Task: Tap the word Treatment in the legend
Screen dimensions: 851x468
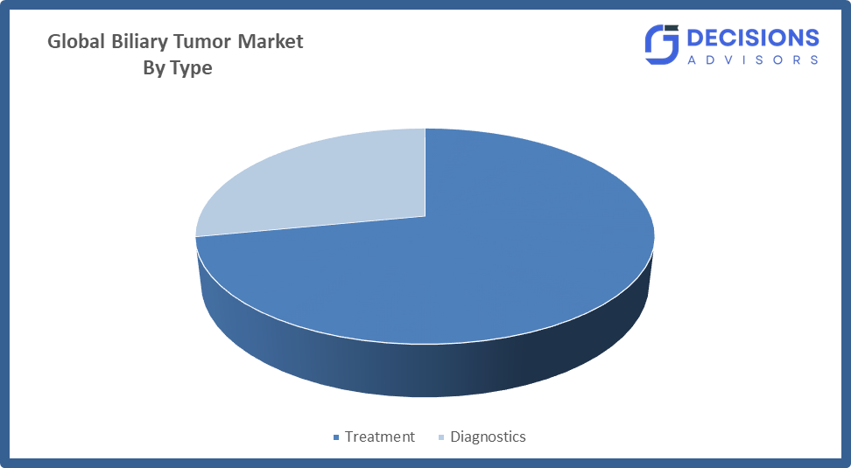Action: coord(379,437)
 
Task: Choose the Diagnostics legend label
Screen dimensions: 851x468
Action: coord(488,437)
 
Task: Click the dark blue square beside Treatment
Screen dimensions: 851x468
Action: coord(336,437)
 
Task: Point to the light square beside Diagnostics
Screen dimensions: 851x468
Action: coord(441,437)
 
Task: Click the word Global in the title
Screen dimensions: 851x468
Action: coord(76,41)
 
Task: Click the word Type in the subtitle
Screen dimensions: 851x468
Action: coord(191,68)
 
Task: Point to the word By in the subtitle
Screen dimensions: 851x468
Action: coord(153,68)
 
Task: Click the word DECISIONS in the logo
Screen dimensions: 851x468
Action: coord(753,38)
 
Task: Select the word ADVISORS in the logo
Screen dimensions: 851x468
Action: coord(753,59)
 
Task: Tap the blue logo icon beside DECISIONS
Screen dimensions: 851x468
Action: coord(662,45)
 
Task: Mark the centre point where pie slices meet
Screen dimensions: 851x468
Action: coord(425,216)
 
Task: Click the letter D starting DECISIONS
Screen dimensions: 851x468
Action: coord(696,38)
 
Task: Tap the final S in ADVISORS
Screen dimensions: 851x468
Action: coord(814,59)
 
